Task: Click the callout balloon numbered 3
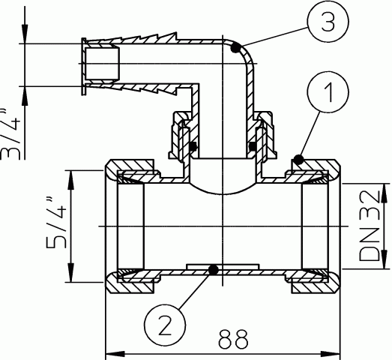[328, 22]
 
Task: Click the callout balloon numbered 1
[328, 91]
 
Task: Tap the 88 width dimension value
[234, 339]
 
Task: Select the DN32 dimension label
[370, 226]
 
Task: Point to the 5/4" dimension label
[56, 223]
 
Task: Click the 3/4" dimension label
[10, 135]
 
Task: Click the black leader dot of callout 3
[235, 48]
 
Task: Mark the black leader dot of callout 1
[298, 160]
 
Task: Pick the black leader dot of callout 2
[214, 270]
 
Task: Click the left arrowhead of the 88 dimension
[115, 354]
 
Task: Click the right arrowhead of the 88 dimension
[331, 354]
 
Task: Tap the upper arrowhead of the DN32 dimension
[384, 193]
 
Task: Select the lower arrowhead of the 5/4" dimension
[72, 273]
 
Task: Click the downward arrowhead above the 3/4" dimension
[25, 34]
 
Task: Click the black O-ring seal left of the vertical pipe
[193, 146]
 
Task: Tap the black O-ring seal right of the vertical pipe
[253, 146]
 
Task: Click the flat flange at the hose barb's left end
[83, 66]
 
